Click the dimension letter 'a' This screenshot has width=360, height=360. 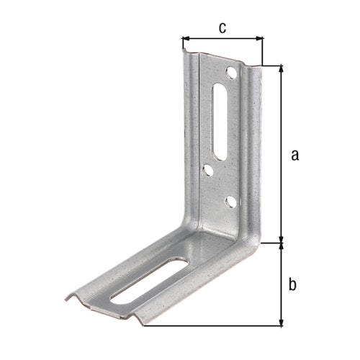[292, 154]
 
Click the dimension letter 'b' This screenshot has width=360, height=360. [292, 284]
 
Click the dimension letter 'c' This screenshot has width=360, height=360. [222, 28]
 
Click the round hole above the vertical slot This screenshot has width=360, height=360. [230, 73]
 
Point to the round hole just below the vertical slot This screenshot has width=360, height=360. [207, 171]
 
